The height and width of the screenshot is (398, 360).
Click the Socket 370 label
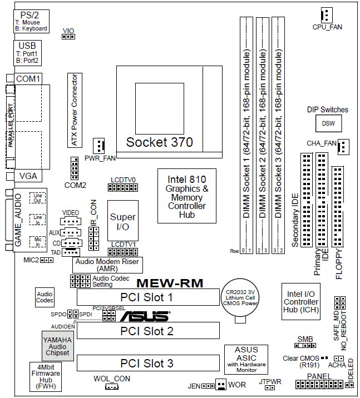159,142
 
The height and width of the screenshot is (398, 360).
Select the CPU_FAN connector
326,15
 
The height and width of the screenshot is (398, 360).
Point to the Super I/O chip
122,221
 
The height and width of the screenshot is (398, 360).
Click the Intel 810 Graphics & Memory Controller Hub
187,196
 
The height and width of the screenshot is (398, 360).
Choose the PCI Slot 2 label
147,331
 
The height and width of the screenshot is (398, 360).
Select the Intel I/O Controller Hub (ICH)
300,302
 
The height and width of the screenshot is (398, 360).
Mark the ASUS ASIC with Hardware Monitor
246,359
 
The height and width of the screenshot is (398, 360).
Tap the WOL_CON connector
111,386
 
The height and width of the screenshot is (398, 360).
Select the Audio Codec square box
45,297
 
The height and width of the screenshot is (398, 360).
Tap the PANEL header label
319,377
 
